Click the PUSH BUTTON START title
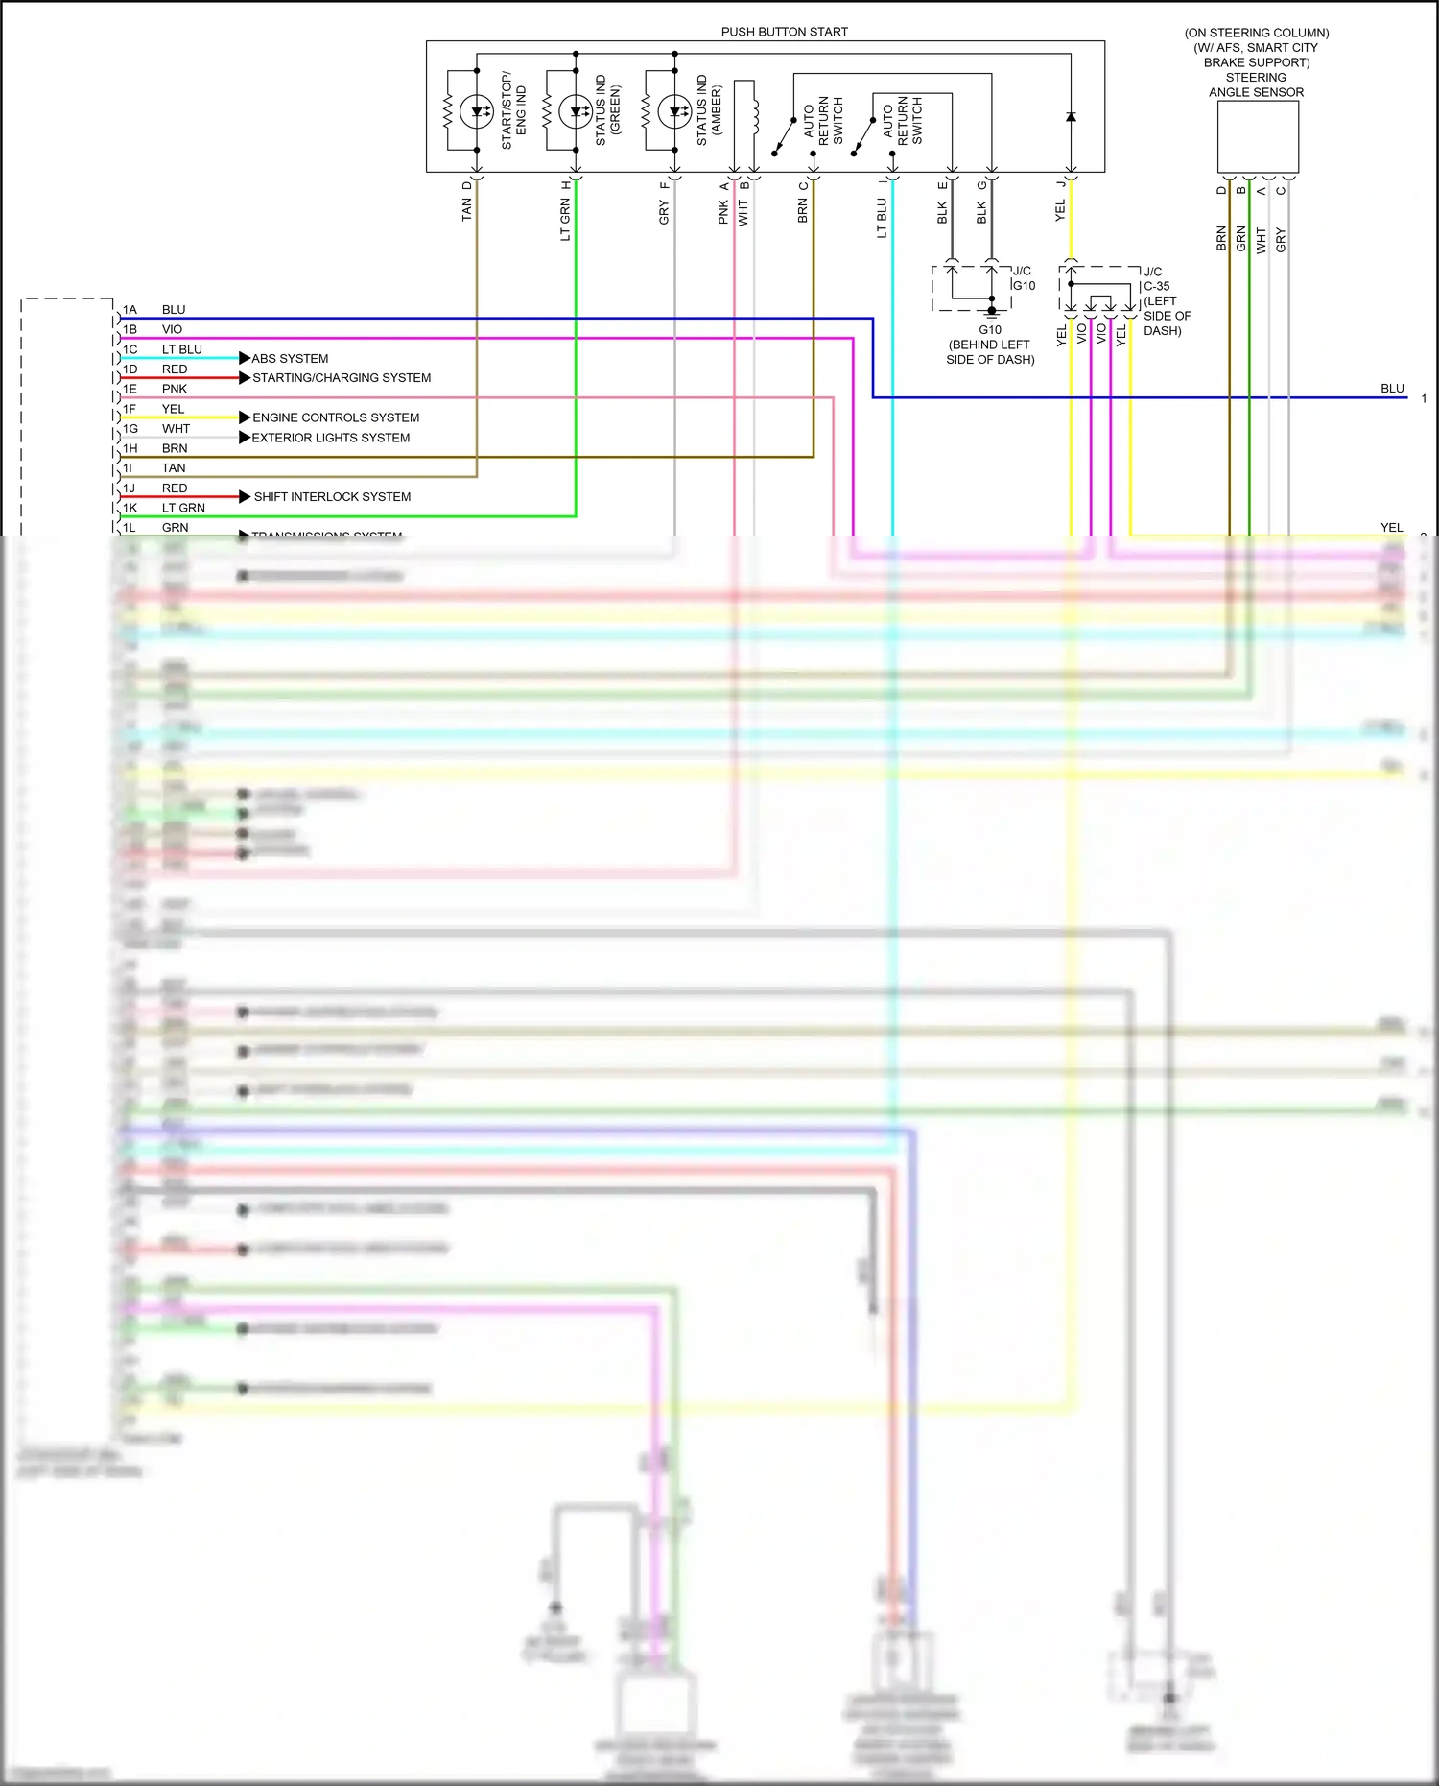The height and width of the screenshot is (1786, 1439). click(x=784, y=32)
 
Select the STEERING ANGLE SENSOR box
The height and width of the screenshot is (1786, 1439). click(x=1258, y=136)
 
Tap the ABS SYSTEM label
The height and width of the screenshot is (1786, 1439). click(x=290, y=359)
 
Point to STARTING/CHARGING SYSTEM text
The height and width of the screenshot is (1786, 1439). click(x=342, y=378)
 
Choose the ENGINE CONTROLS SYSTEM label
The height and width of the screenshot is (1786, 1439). click(x=336, y=417)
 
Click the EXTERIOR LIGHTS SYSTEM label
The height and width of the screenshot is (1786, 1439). click(x=331, y=438)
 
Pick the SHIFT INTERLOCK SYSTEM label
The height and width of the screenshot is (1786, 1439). click(x=332, y=497)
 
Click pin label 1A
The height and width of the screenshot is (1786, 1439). click(x=130, y=310)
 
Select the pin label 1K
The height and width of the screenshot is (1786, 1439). click(x=130, y=508)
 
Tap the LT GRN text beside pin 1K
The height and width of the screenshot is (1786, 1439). click(x=183, y=508)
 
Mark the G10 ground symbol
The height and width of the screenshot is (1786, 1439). click(x=992, y=311)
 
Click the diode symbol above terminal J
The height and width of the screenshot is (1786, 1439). click(x=1071, y=117)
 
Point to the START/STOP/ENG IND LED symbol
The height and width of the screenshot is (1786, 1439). click(x=476, y=112)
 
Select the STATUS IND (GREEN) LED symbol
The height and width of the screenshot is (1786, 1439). click(x=575, y=112)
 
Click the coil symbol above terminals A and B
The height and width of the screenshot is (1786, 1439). click(x=756, y=115)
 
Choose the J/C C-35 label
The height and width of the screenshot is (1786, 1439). click(x=1156, y=279)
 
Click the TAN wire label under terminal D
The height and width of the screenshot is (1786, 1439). click(x=467, y=209)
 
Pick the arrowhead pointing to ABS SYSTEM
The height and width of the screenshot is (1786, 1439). click(x=245, y=358)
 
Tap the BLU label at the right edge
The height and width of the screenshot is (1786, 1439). click(x=1392, y=389)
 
